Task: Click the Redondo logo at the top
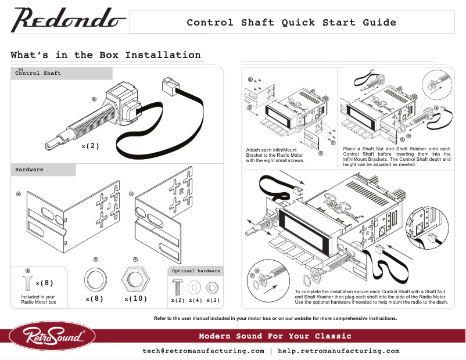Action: click(x=69, y=21)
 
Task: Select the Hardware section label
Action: click(x=29, y=170)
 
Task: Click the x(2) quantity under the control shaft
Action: click(x=91, y=146)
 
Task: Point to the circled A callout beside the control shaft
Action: click(x=94, y=99)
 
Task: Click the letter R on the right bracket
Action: click(x=181, y=191)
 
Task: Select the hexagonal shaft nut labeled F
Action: click(x=135, y=280)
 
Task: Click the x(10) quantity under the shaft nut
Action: click(x=135, y=299)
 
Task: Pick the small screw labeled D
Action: click(x=27, y=283)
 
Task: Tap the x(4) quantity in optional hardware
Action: click(x=195, y=300)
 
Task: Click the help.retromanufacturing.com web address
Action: click(x=339, y=351)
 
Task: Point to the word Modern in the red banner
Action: click(x=216, y=336)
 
